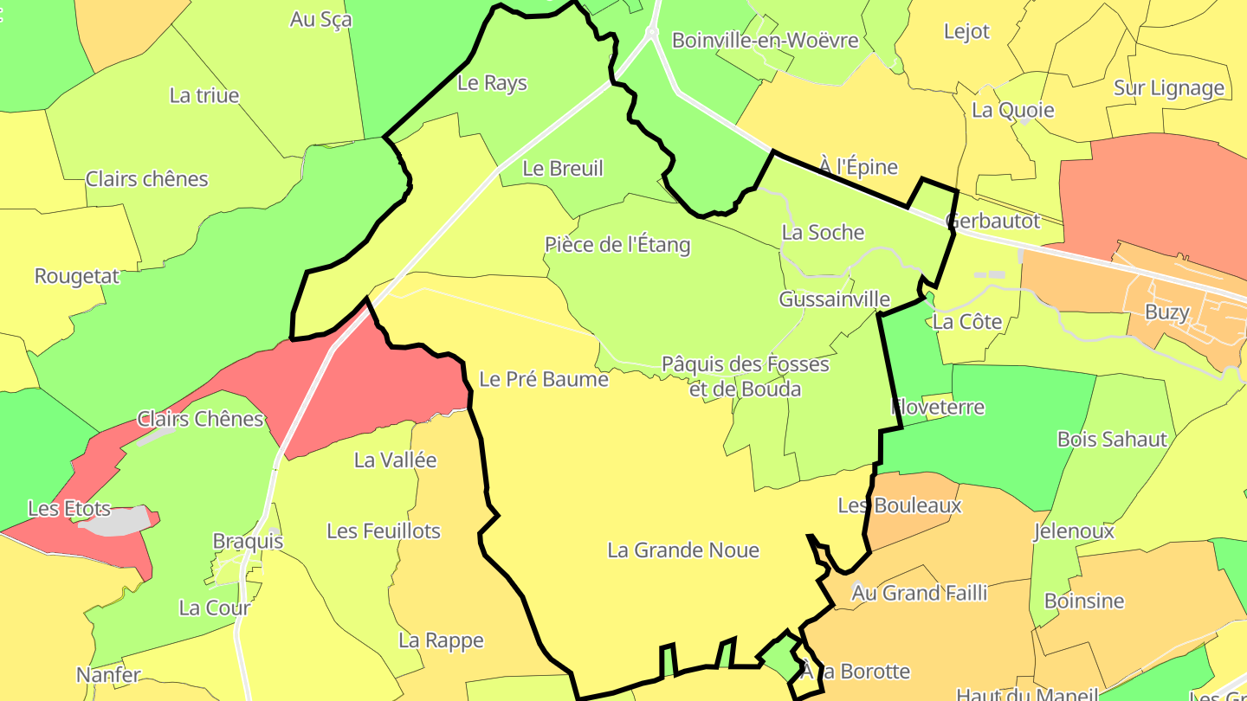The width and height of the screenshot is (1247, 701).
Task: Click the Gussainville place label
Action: point(834,299)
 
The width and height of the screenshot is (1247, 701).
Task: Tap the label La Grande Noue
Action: point(683,550)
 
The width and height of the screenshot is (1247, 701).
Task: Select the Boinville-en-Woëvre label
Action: point(765,40)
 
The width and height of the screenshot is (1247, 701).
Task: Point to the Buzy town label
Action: point(1167,312)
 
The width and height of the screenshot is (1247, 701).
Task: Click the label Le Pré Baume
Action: point(544,379)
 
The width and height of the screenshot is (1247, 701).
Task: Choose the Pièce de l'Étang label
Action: point(617,245)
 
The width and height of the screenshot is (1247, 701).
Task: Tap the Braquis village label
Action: point(248,542)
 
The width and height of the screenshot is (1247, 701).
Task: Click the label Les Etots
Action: point(69,509)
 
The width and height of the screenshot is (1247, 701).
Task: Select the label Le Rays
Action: point(492,83)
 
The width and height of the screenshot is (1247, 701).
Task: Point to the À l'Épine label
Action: point(858,166)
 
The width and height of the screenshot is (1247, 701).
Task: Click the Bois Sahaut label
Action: point(1112,440)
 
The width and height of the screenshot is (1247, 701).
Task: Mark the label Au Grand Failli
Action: point(919,593)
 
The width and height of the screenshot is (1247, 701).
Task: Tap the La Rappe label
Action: point(441,640)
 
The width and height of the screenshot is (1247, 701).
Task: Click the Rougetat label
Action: point(77,277)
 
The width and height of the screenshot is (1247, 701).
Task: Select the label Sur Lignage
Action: point(1169,88)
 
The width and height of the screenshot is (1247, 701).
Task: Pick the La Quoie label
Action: point(1012,110)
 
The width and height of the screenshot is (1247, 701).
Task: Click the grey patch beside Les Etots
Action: point(121,521)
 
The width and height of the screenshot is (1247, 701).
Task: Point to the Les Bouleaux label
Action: point(900,505)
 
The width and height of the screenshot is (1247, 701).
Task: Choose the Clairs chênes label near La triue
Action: point(147,180)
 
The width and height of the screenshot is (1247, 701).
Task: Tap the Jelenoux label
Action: point(1074,531)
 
